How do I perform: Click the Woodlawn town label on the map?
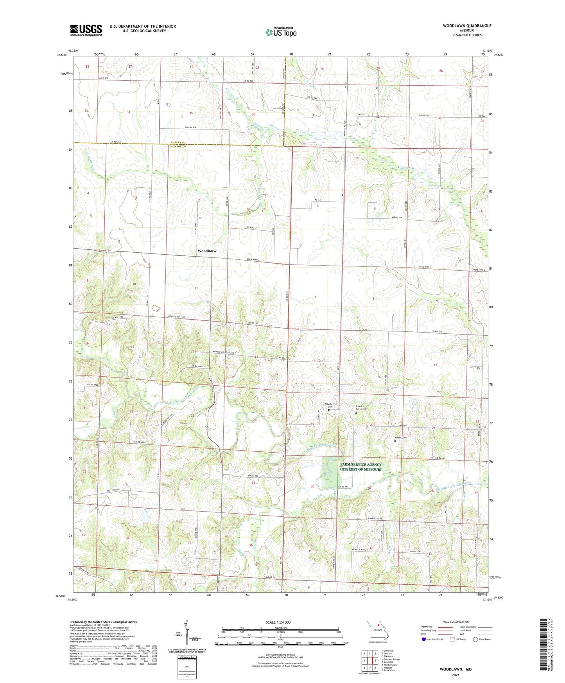pyautogui.click(x=206, y=251)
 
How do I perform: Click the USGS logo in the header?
pyautogui.click(x=86, y=30)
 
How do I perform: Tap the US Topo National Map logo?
pyautogui.click(x=280, y=32)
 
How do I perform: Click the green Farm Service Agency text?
pyautogui.click(x=361, y=467)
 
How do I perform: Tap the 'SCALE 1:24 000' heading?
pyautogui.click(x=280, y=622)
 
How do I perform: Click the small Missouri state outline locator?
pyautogui.click(x=377, y=629)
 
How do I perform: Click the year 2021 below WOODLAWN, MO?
pyautogui.click(x=456, y=675)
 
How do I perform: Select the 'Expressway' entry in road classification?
pyautogui.click(x=426, y=627)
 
